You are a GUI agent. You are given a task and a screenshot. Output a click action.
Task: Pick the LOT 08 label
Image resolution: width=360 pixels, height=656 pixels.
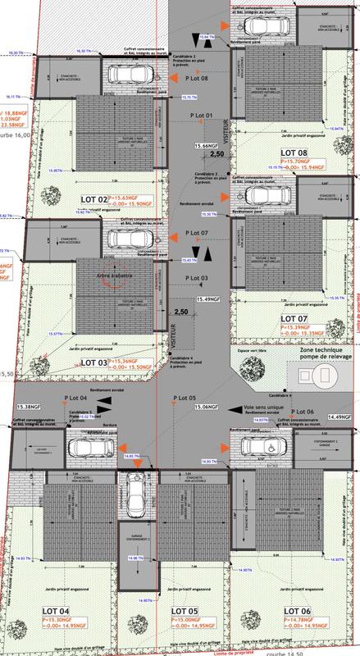294,153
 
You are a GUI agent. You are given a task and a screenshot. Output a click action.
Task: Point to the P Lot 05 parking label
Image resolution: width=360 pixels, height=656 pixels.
186,398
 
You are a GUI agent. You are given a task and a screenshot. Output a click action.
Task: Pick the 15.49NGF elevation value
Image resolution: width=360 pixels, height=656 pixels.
209,301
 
